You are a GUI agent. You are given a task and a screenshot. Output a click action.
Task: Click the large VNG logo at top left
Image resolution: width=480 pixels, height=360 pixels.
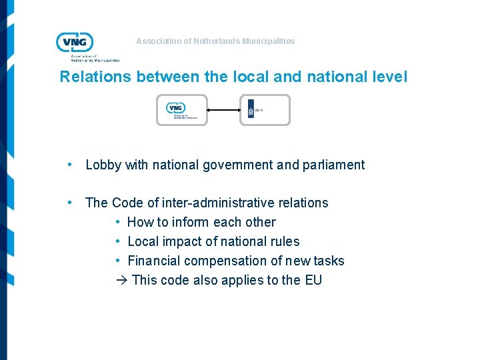point(75,42)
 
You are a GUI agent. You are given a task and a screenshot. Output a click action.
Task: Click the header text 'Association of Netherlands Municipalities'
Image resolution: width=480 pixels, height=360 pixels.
point(215,41)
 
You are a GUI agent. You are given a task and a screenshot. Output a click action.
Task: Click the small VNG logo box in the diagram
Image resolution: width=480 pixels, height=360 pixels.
point(181,110)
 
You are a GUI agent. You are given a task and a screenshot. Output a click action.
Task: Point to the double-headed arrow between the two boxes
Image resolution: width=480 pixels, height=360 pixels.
point(223,110)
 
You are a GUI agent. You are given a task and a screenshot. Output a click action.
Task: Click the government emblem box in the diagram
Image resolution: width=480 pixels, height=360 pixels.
point(265,110)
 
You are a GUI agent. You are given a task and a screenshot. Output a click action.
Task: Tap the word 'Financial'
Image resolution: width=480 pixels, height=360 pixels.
point(154,261)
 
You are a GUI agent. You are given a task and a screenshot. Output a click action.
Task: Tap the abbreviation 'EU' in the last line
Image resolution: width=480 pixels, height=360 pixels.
point(313,280)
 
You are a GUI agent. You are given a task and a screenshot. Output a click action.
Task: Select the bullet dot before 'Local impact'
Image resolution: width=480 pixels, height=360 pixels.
point(117,241)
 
